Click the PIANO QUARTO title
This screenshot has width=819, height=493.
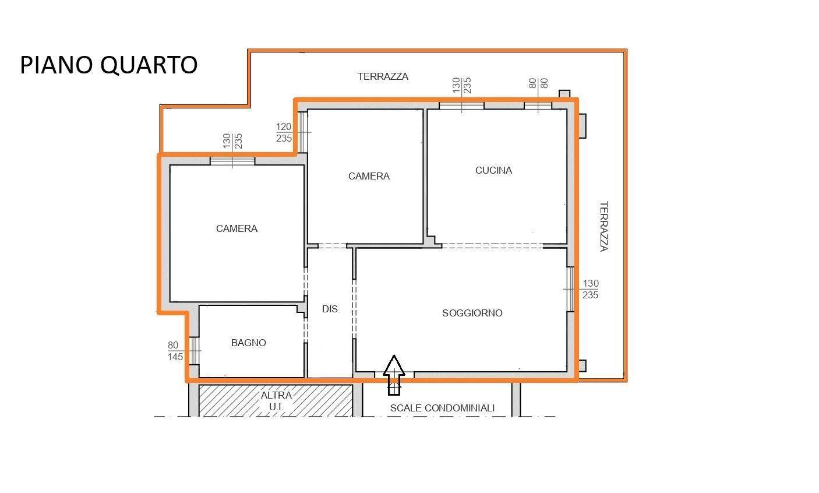click(x=108, y=65)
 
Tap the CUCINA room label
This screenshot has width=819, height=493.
click(x=493, y=170)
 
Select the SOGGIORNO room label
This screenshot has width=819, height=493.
click(x=472, y=313)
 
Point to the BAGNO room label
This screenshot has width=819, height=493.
click(x=249, y=343)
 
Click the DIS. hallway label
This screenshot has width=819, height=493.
click(x=331, y=309)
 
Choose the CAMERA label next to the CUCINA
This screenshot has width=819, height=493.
click(x=369, y=177)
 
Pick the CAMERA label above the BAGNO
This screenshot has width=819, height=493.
click(x=236, y=228)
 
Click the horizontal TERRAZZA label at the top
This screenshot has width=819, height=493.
click(x=383, y=76)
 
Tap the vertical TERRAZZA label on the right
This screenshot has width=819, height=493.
click(x=603, y=226)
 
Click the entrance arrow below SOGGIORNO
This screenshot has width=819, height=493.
click(x=394, y=375)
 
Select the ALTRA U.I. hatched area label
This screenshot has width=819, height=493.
click(x=276, y=401)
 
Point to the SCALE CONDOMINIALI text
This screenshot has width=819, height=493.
click(x=442, y=408)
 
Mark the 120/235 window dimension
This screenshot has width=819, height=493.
click(x=284, y=132)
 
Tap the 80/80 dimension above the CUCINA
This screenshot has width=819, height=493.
click(x=538, y=83)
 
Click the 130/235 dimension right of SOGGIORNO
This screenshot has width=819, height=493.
click(x=590, y=289)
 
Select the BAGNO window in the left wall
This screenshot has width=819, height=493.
click(x=194, y=351)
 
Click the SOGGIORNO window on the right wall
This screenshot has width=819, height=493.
click(x=570, y=289)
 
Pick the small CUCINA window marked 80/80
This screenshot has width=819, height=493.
click(x=538, y=105)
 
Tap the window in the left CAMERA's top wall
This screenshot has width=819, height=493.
click(x=232, y=161)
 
